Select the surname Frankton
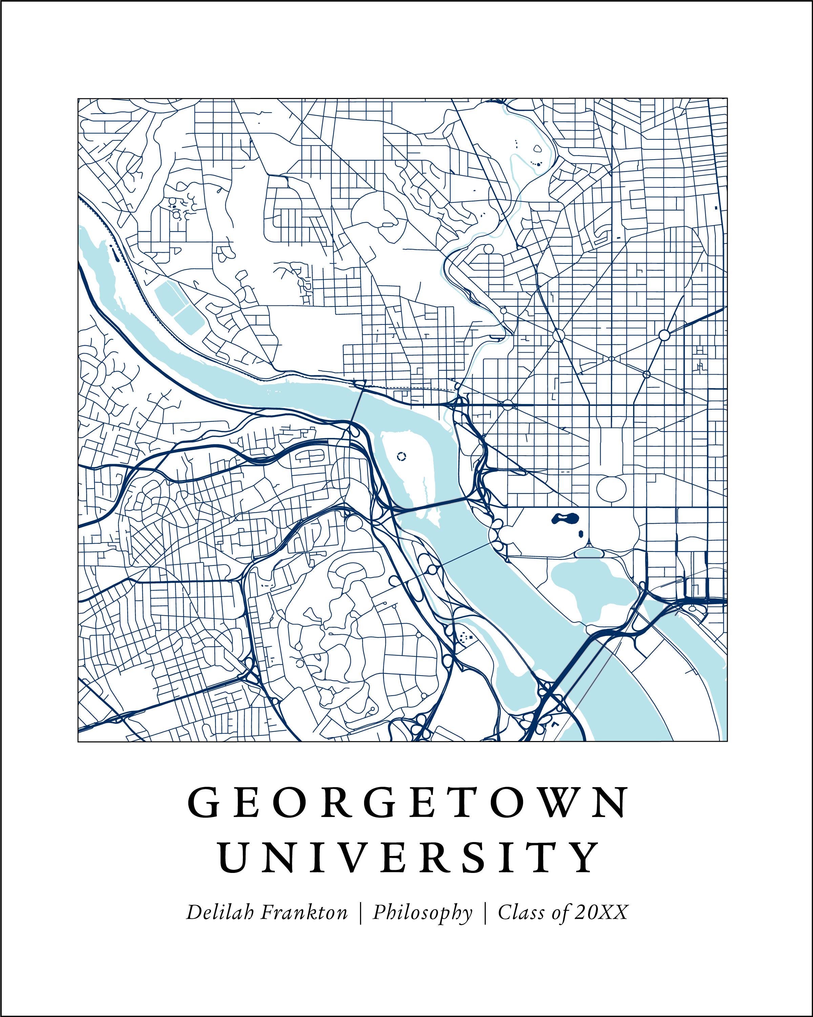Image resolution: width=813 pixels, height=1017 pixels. click(304, 912)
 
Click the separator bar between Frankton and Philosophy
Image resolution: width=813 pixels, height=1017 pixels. click(360, 913)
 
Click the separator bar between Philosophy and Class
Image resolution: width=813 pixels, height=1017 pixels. click(485, 913)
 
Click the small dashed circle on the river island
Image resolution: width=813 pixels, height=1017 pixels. click(401, 456)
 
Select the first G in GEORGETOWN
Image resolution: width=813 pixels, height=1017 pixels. click(203, 803)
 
